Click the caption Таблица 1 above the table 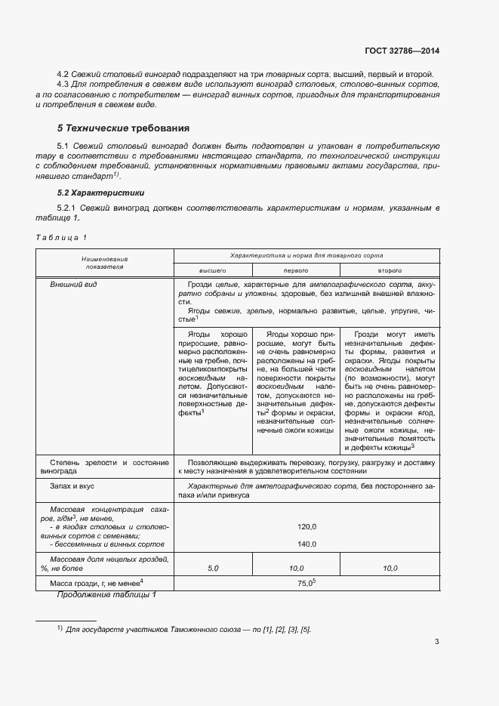(61, 238)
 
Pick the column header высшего (212, 270)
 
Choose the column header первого (295, 270)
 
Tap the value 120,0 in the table (306, 526)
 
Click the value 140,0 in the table (306, 543)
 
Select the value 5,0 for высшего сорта (212, 567)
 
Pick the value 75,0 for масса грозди (305, 583)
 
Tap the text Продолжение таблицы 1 (106, 595)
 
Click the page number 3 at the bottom (436, 642)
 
